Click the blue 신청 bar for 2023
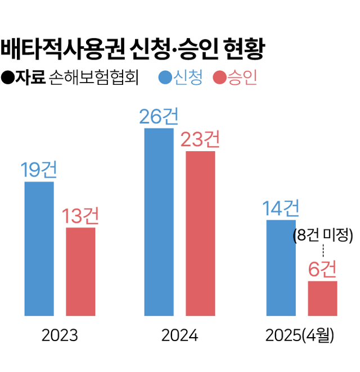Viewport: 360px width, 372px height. click(x=39, y=248)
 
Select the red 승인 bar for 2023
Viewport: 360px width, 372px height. click(x=80, y=271)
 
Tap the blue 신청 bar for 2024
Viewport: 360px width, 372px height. click(x=159, y=222)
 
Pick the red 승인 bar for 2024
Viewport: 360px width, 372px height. click(x=200, y=233)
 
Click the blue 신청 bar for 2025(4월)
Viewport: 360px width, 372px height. click(x=281, y=267)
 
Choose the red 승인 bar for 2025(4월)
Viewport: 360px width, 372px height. click(x=322, y=298)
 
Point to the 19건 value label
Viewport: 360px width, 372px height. click(x=39, y=170)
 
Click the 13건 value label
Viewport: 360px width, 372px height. click(x=80, y=216)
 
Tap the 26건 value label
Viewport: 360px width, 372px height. click(x=159, y=116)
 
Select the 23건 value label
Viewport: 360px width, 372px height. click(x=200, y=139)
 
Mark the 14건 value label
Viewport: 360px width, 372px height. click(x=281, y=208)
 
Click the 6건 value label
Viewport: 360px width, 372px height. click(x=322, y=270)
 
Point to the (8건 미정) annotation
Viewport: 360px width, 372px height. click(x=322, y=235)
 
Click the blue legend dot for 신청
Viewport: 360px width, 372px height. click(x=165, y=78)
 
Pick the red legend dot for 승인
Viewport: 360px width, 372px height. click(x=220, y=78)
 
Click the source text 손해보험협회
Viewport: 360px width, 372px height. click(x=93, y=78)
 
